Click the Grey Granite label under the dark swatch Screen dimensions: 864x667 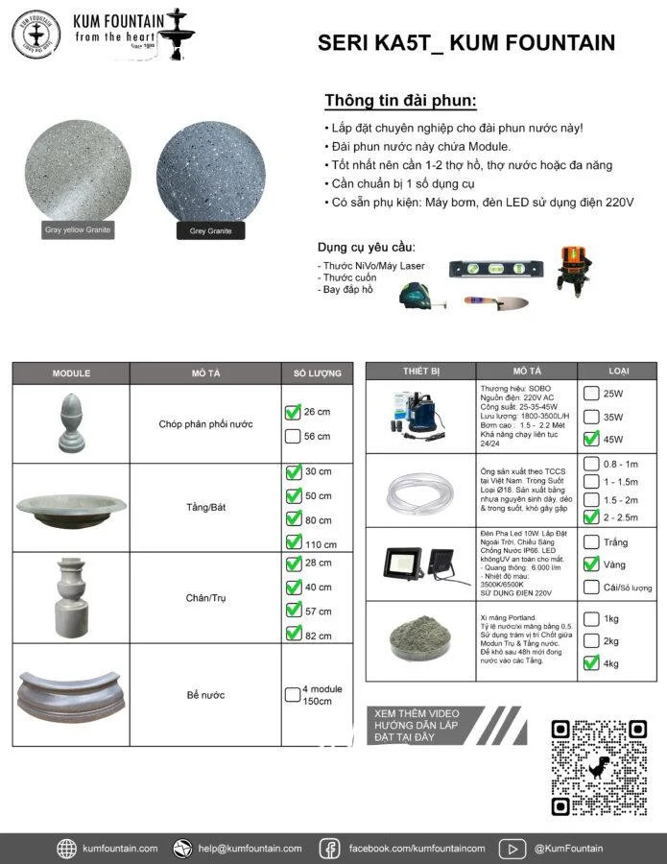pos(210,230)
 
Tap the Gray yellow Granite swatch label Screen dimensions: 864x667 pos(78,229)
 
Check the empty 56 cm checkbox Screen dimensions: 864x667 pos(293,436)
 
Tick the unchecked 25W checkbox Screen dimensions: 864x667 pos(591,394)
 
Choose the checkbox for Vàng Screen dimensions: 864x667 pos(591,564)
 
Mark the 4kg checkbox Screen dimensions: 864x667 pos(591,662)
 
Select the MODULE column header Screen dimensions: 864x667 pos(71,373)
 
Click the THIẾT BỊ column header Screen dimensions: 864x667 pos(421,371)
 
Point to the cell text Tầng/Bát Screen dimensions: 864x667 pos(205,508)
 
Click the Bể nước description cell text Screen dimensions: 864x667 pos(205,694)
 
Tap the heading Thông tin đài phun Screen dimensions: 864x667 pos(400,102)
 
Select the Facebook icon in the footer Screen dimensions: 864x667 pos(329,848)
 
